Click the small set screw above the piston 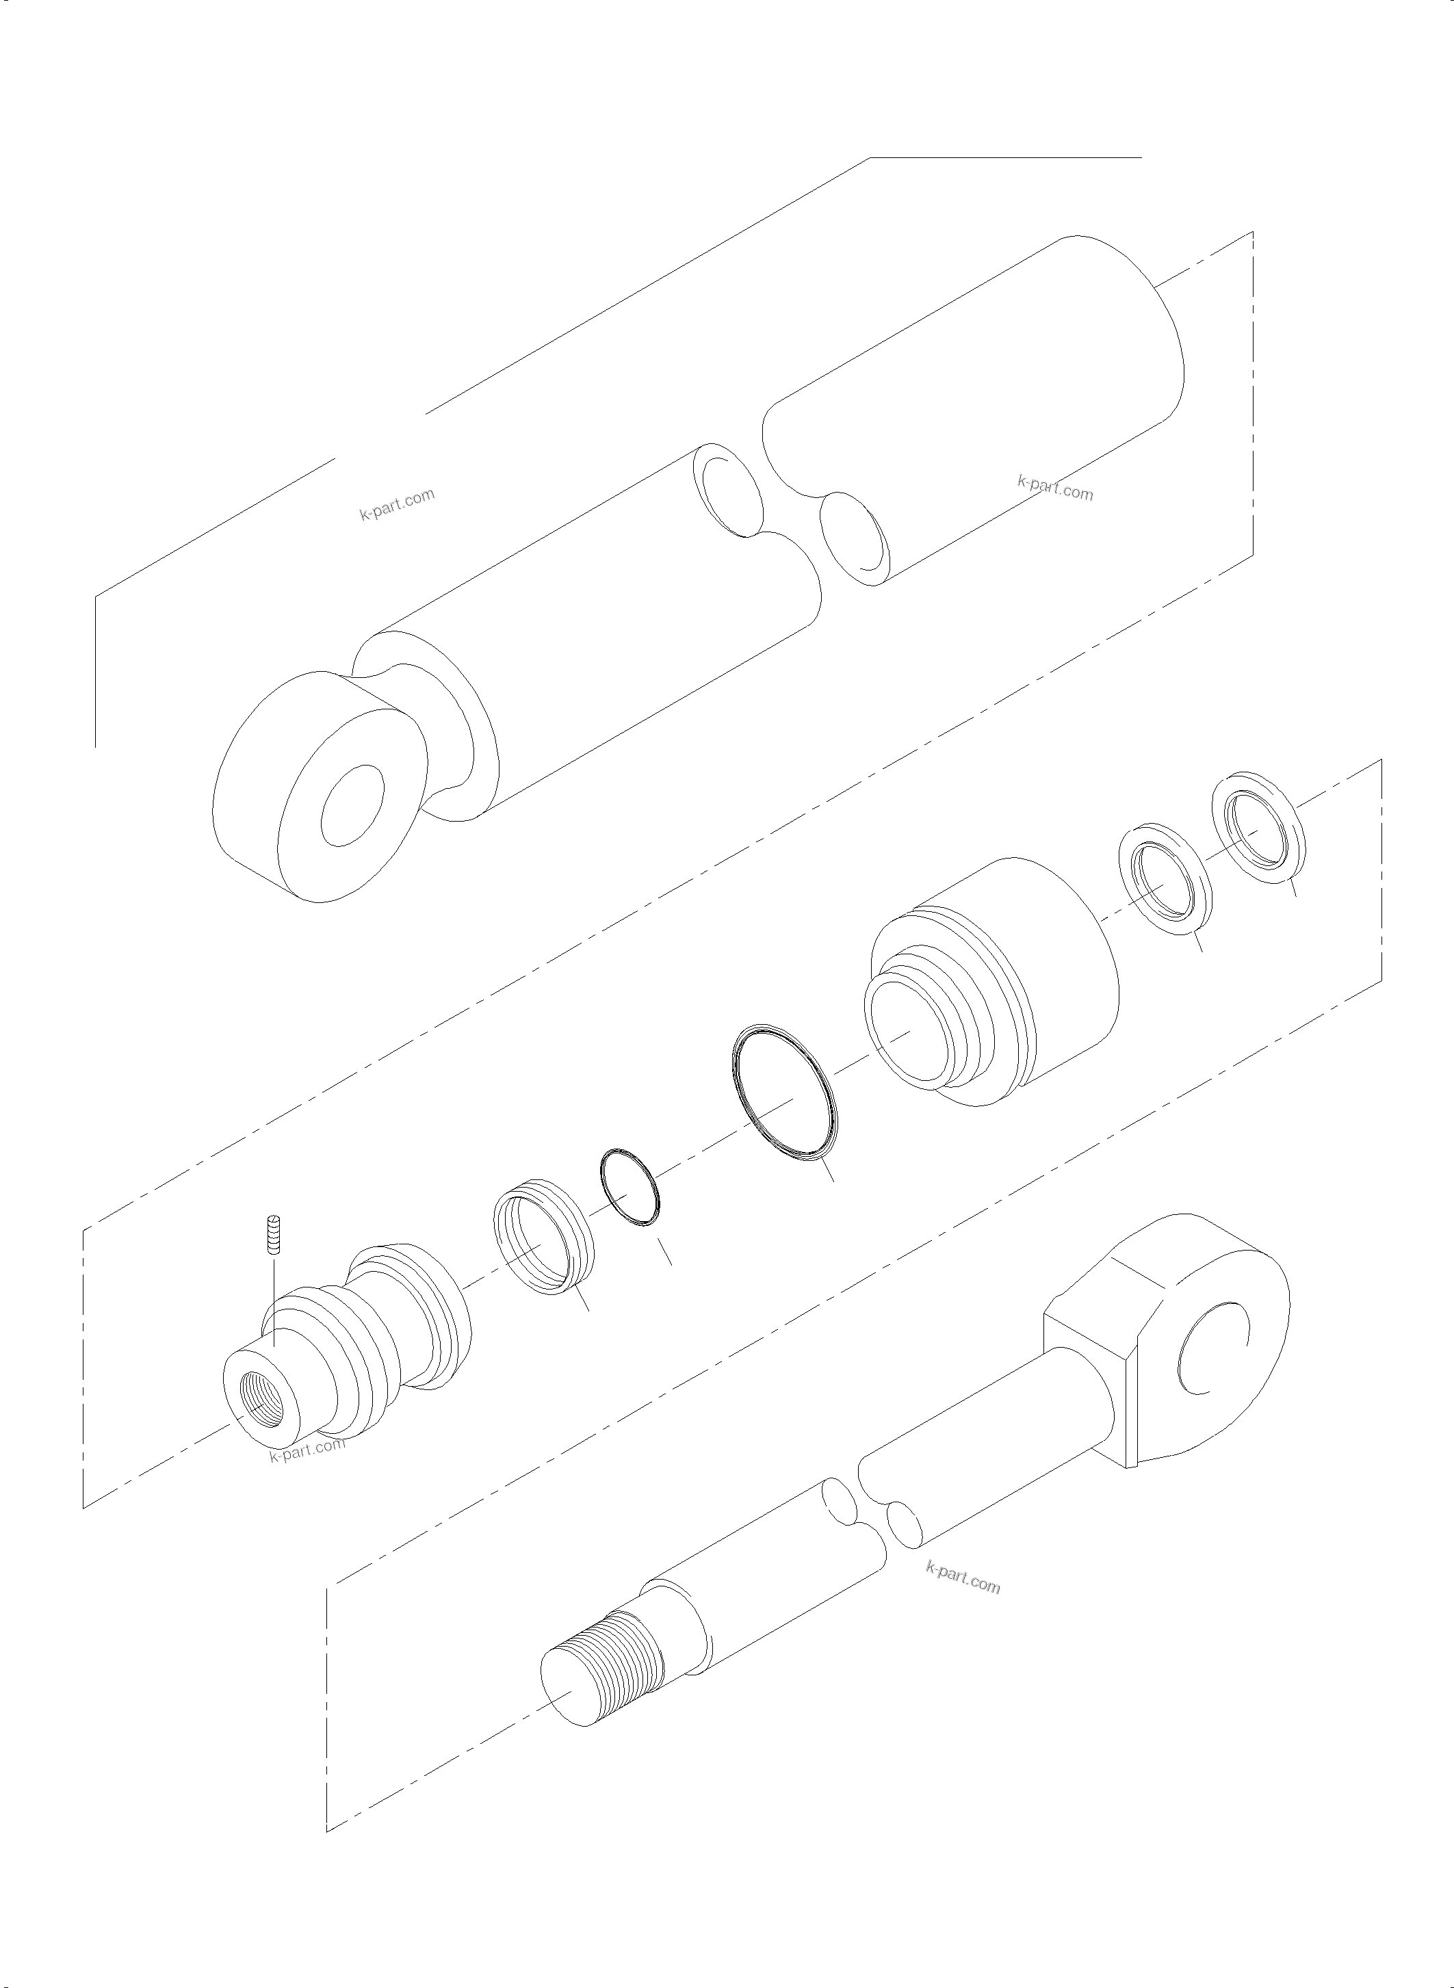pyautogui.click(x=273, y=1236)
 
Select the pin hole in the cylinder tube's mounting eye pyautogui.click(x=353, y=805)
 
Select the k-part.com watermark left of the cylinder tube pyautogui.click(x=397, y=504)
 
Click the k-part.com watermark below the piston pyautogui.click(x=307, y=1448)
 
